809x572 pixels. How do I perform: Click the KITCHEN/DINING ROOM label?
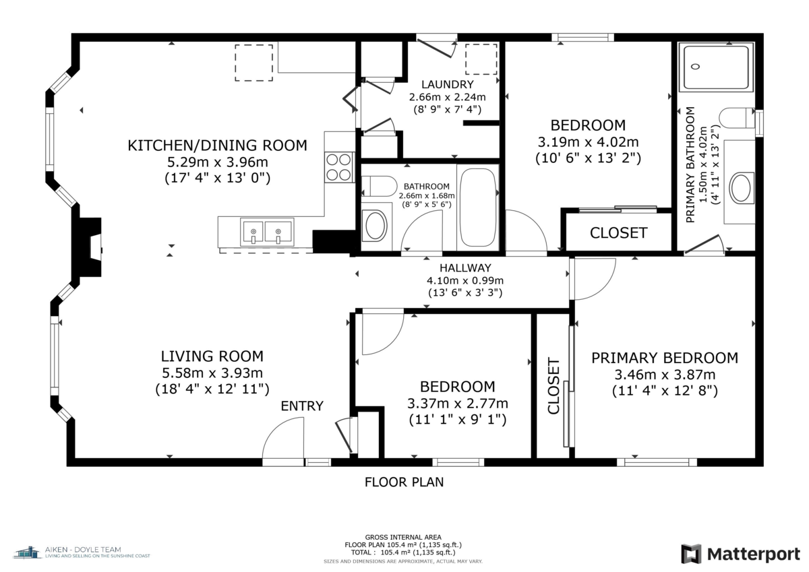217,145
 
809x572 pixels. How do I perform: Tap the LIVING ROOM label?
212,356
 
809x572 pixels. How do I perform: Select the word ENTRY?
302,406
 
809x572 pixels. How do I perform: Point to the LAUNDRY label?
448,84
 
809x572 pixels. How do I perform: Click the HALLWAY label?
465,267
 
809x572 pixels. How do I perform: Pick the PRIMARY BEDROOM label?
665,358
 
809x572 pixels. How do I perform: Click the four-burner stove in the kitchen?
339,168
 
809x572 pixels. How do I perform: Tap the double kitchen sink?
267,232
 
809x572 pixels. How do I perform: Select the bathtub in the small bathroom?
477,208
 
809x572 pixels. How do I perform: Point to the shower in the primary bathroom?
716,67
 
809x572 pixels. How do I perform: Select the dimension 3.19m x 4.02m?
588,142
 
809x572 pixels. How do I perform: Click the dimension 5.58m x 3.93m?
212,373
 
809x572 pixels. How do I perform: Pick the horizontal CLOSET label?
619,233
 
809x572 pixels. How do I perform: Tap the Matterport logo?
741,554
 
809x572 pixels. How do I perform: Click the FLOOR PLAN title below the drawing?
404,482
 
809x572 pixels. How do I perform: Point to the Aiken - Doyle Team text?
83,550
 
